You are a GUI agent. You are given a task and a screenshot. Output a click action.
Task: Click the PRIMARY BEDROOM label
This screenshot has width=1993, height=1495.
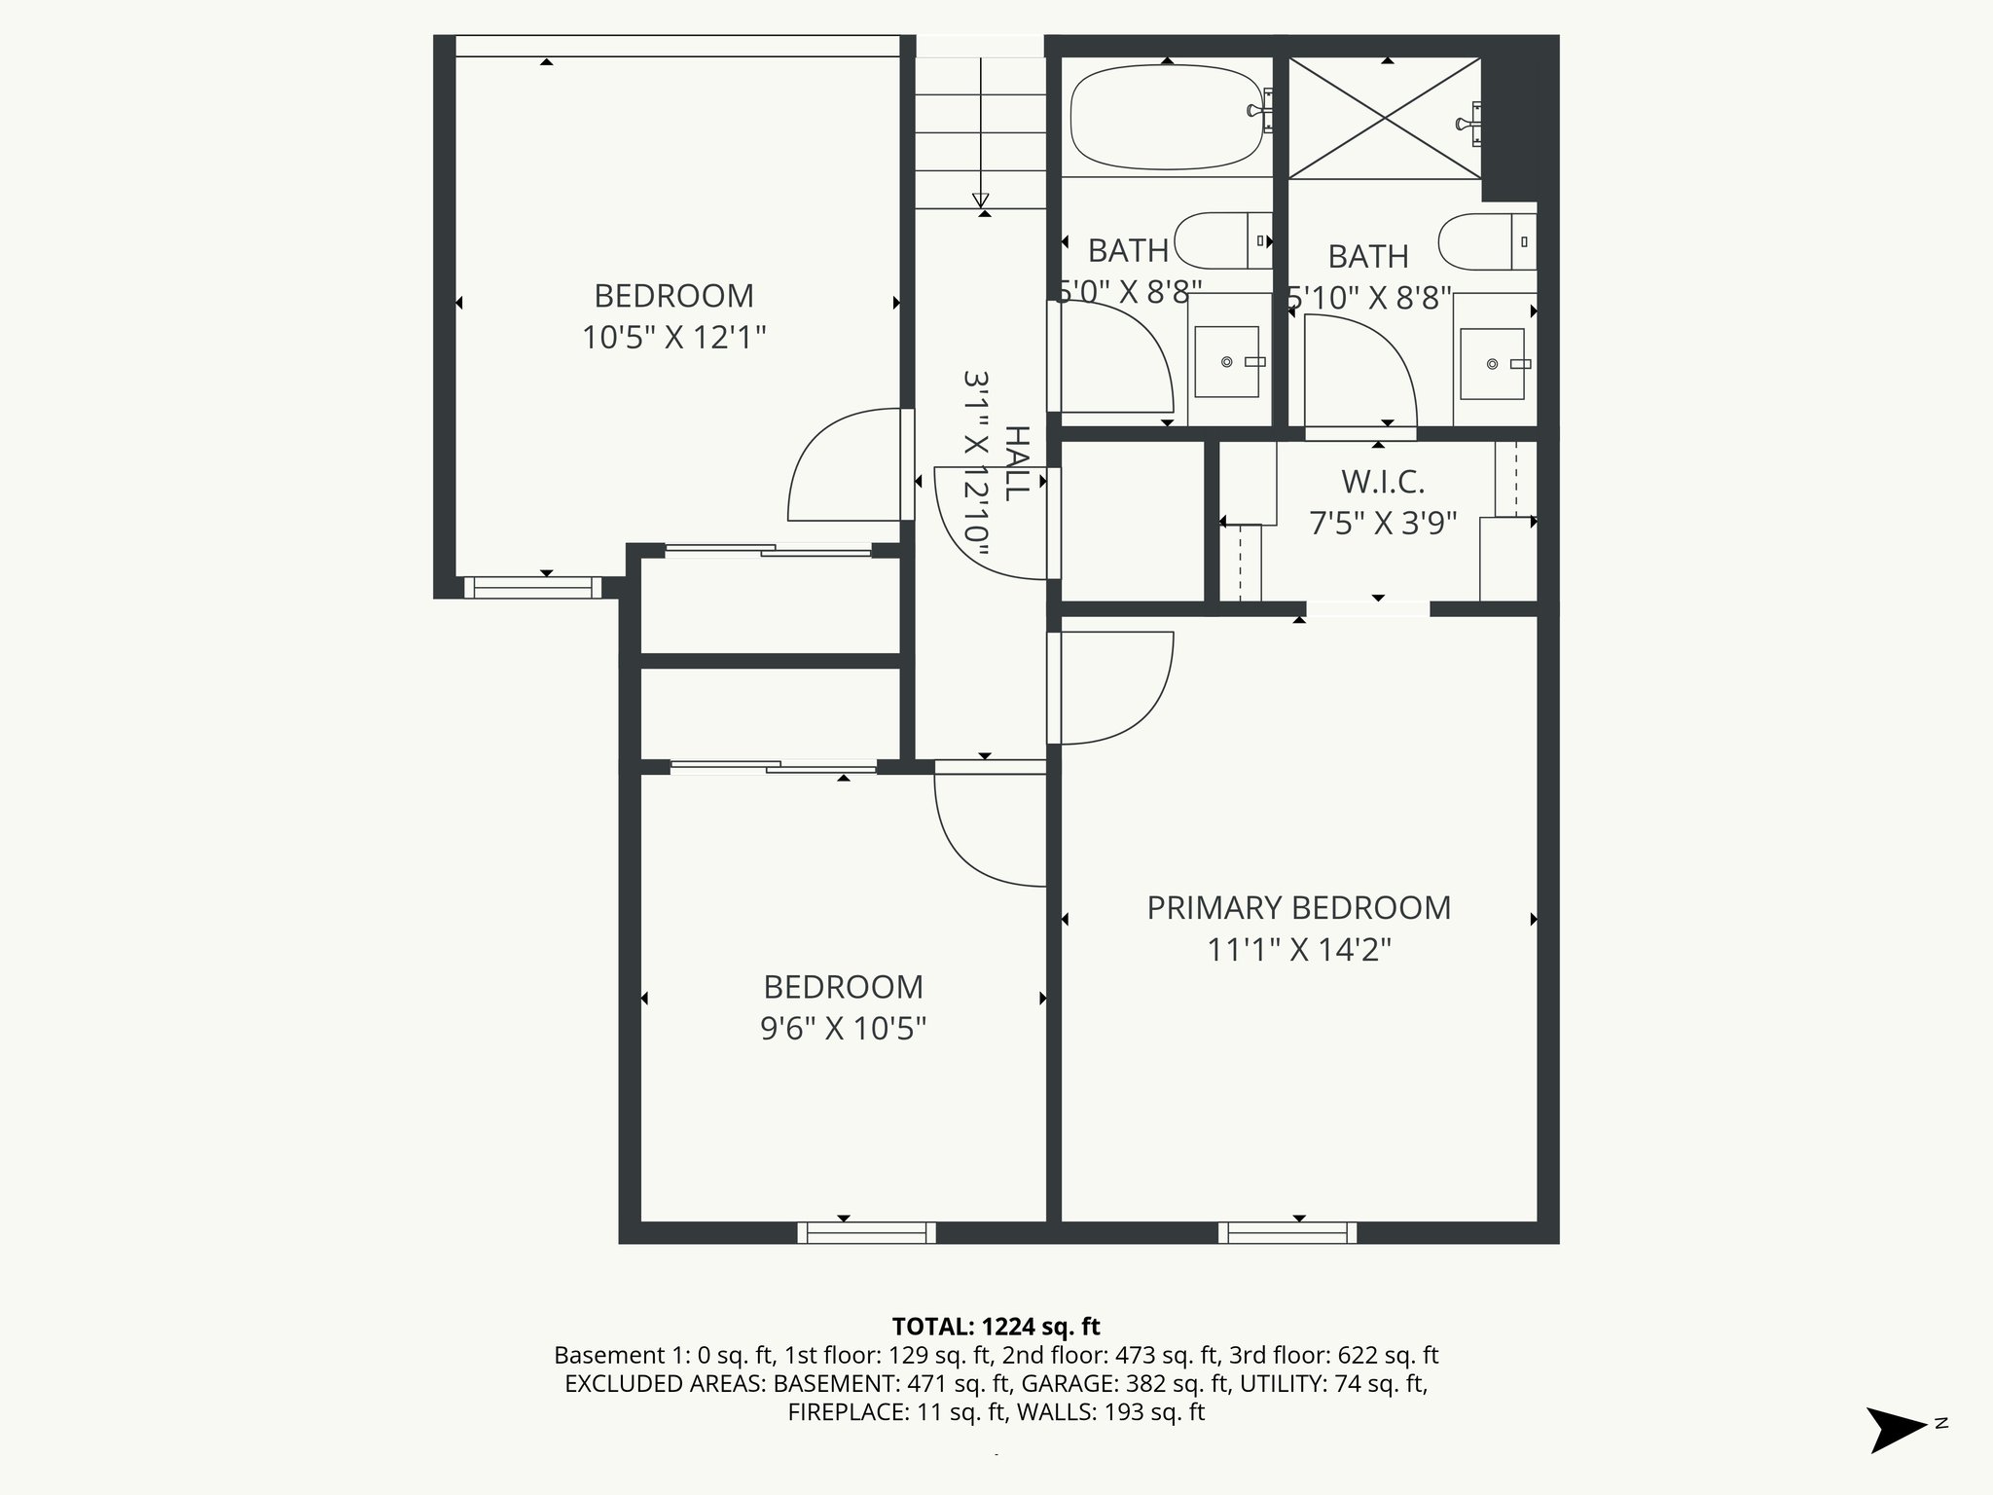click(x=1298, y=907)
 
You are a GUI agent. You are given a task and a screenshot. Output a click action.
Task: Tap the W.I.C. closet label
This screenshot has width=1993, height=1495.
click(x=1382, y=481)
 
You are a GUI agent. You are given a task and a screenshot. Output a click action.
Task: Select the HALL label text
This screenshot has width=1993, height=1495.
click(x=1016, y=463)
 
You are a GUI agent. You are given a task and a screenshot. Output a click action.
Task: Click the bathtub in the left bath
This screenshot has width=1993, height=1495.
click(x=1166, y=117)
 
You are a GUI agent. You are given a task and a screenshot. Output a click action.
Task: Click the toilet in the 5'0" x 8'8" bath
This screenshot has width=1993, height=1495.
click(x=1222, y=240)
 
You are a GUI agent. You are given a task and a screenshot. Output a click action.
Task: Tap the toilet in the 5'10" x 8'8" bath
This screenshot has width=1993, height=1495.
click(x=1485, y=241)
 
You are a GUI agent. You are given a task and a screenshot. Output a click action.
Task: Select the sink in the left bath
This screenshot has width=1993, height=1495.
click(x=1226, y=361)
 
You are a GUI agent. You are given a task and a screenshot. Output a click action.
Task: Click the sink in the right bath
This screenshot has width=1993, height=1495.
click(x=1492, y=363)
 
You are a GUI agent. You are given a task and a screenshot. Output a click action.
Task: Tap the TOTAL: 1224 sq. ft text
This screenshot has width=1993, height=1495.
click(x=996, y=1326)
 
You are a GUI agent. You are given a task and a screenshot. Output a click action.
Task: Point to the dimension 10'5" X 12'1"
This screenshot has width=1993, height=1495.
click(x=673, y=338)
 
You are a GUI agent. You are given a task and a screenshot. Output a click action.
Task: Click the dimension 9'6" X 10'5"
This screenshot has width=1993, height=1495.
click(x=843, y=1028)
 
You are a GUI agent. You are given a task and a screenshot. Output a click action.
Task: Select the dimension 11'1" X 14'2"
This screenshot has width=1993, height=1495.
click(x=1298, y=949)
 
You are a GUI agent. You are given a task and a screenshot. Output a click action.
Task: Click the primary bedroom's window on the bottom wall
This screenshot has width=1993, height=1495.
click(x=1287, y=1232)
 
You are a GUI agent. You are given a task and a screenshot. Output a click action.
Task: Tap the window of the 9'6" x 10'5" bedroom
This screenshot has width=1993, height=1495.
click(x=866, y=1232)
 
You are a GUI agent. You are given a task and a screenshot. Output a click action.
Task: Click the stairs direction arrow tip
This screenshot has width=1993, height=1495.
click(x=980, y=201)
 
